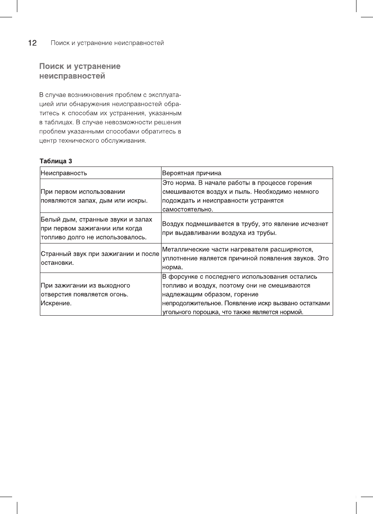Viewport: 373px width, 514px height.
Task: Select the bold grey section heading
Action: [80, 71]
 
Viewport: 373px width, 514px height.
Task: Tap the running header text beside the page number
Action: [107, 43]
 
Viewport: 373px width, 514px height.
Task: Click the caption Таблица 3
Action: [56, 161]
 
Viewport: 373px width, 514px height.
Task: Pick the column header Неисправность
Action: [64, 173]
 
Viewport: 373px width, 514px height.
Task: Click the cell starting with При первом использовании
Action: [94, 196]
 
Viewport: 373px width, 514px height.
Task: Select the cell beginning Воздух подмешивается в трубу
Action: [245, 228]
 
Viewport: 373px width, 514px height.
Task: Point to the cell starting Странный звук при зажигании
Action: [100, 258]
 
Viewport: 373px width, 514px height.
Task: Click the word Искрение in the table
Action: [56, 303]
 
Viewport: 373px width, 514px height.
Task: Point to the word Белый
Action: [50, 220]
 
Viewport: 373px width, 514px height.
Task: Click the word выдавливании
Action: [193, 233]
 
